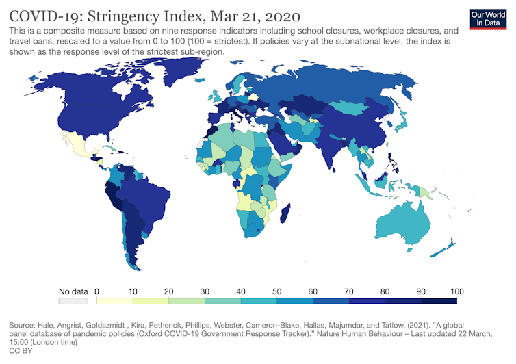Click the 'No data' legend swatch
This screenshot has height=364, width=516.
point(73,300)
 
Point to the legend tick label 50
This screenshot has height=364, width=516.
point(277,290)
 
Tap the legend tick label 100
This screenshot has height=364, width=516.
point(456,290)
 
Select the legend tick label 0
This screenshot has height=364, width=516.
point(97,290)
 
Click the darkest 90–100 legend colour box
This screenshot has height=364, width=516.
point(439,300)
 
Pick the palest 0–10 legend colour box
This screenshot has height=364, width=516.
point(115,300)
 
